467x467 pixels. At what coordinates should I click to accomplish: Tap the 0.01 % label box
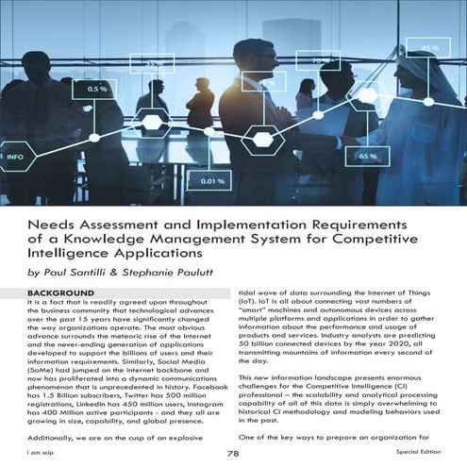[x=209, y=180]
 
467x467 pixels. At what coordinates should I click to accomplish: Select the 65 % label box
[x=367, y=155]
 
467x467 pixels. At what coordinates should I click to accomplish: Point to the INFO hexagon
[x=14, y=156]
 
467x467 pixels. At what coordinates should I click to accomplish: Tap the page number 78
[x=232, y=453]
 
